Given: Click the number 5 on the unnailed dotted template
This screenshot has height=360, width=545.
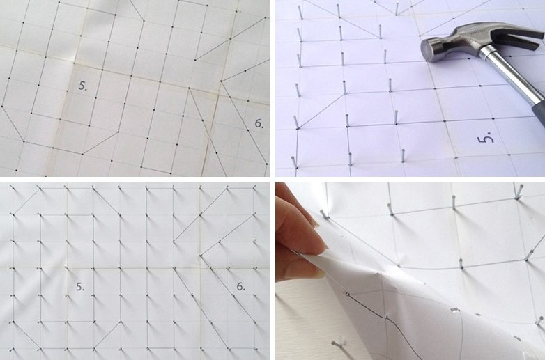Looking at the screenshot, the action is pyautogui.click(x=82, y=86).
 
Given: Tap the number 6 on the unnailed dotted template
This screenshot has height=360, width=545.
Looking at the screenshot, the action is pyautogui.click(x=259, y=123).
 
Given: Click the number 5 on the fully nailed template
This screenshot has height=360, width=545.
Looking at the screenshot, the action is pyautogui.click(x=80, y=287).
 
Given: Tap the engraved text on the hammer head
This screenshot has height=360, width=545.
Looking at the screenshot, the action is pyautogui.click(x=476, y=30).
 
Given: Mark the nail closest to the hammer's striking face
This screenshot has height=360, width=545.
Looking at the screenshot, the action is pyautogui.click(x=386, y=57).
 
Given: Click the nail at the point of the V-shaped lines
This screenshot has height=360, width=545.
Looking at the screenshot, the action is pyautogui.click(x=397, y=8).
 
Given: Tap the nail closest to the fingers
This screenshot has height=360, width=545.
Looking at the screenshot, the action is pyautogui.click(x=325, y=214).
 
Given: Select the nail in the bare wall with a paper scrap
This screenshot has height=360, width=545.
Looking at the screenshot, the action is pyautogui.click(x=338, y=343).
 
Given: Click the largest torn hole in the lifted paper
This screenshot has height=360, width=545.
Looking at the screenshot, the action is pyautogui.click(x=454, y=310).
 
